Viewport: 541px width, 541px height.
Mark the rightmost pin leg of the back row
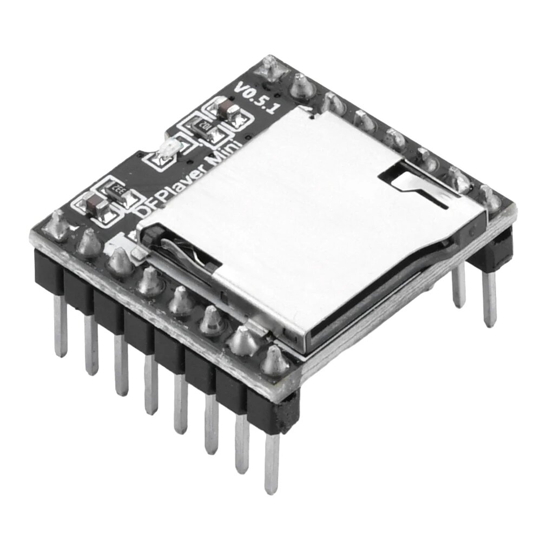click(x=490, y=298)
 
